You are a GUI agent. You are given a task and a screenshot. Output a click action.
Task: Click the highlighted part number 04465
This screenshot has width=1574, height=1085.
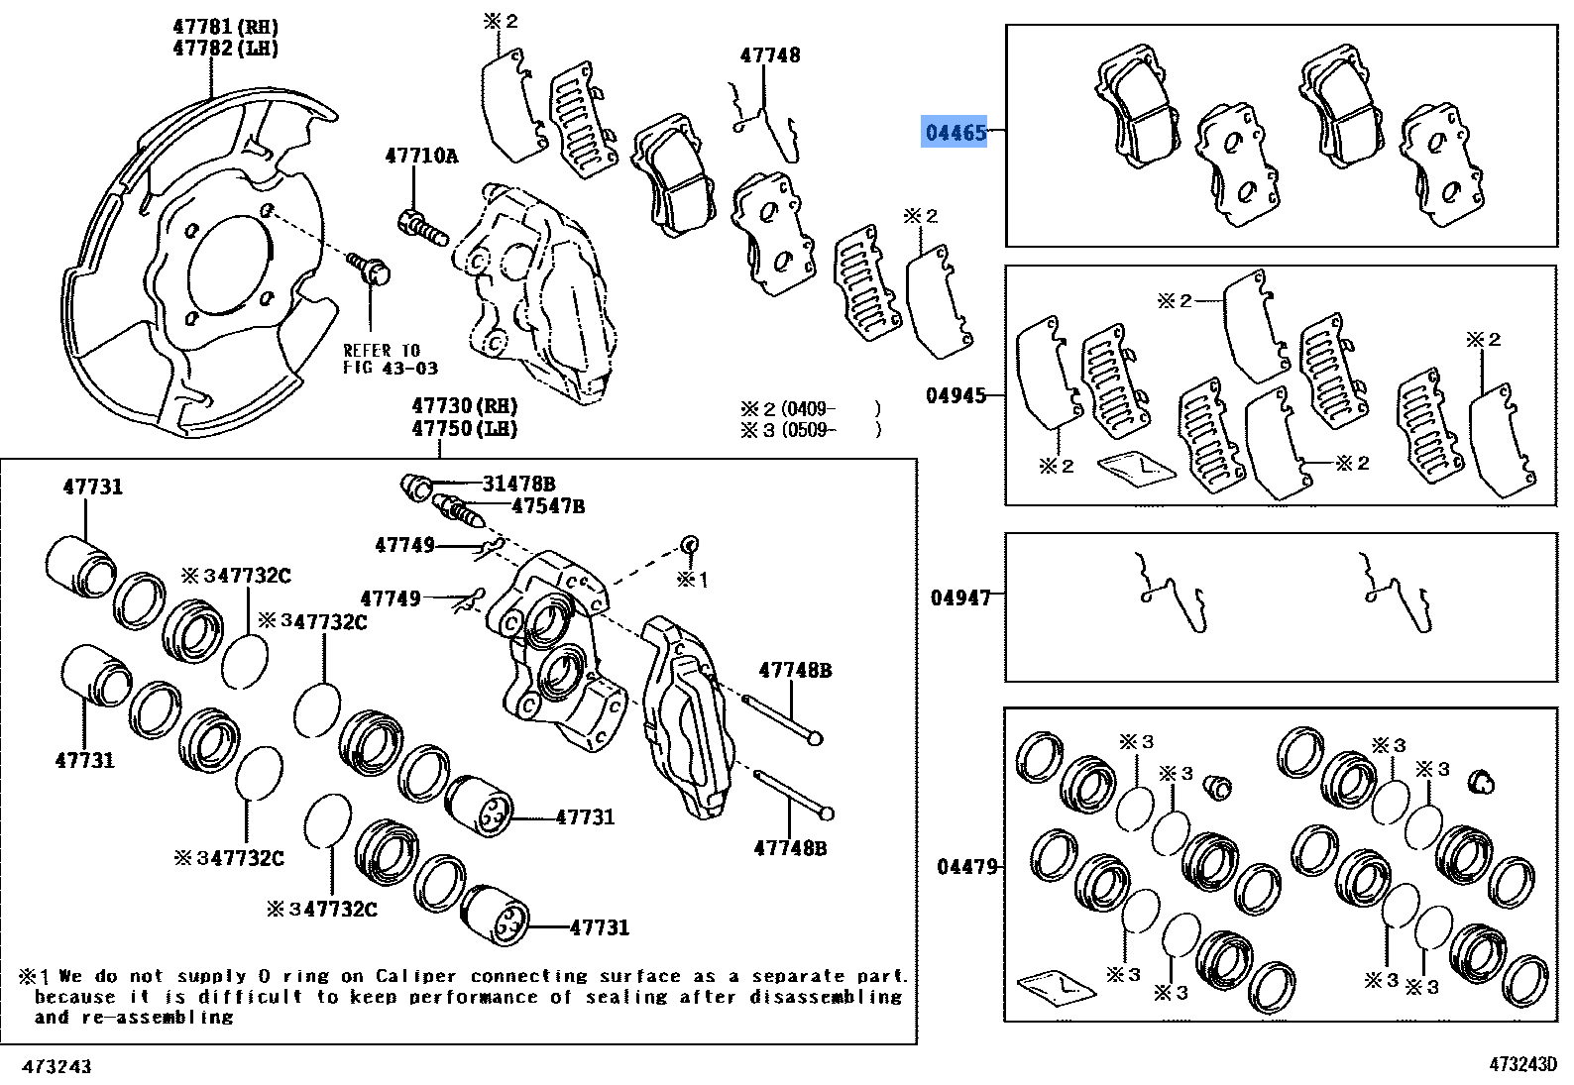click(x=956, y=132)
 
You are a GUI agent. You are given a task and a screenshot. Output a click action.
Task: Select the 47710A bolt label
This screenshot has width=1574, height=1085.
click(x=421, y=156)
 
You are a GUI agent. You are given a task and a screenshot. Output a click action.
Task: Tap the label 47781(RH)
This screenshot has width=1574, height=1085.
click(x=226, y=27)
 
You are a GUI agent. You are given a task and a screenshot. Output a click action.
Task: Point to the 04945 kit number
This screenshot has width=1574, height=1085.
click(x=956, y=395)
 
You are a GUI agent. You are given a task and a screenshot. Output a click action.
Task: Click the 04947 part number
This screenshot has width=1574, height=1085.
click(x=959, y=597)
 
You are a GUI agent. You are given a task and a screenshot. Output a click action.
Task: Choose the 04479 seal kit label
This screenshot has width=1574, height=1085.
click(x=966, y=867)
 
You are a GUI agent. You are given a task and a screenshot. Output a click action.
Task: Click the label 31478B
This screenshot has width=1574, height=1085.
click(x=518, y=484)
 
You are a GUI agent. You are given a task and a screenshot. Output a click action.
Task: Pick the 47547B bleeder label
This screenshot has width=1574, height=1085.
click(x=547, y=506)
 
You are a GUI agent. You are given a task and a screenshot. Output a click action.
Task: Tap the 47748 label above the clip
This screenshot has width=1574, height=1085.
click(x=770, y=55)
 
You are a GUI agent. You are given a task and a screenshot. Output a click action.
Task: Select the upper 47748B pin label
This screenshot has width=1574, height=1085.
click(x=795, y=671)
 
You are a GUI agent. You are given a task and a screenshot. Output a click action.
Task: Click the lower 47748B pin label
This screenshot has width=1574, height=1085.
click(x=790, y=848)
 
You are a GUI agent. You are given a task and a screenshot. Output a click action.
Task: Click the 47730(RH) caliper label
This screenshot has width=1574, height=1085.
click(x=465, y=406)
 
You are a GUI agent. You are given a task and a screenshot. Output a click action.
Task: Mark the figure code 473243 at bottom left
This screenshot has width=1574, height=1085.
click(x=56, y=1066)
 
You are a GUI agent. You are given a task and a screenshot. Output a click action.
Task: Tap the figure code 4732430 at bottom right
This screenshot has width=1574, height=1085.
click(x=1522, y=1064)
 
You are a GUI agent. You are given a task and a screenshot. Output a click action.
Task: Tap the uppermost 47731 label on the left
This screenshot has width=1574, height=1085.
click(x=93, y=487)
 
